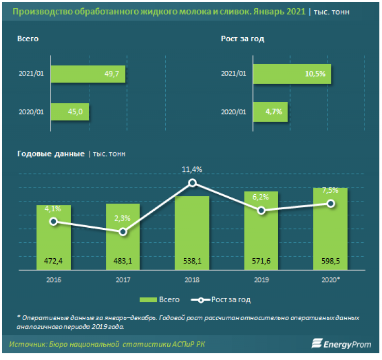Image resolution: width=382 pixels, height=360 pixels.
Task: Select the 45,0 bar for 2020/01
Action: pos(70,112)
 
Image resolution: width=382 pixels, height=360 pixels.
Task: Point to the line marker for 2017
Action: pos(123,232)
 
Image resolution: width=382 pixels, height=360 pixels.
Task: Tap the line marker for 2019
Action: pos(261,210)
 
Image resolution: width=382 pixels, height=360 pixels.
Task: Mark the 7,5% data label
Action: pos(330,190)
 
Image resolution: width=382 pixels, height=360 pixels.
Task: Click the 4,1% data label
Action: pos(53,209)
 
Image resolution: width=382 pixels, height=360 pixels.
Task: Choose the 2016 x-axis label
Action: pos(54,279)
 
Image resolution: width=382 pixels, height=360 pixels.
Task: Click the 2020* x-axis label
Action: pos(331,279)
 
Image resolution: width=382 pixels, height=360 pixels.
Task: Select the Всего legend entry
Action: pos(160,300)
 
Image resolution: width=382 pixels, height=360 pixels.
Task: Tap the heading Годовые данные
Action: pos(51,153)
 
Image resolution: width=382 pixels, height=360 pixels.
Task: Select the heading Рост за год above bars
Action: pos(243,39)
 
